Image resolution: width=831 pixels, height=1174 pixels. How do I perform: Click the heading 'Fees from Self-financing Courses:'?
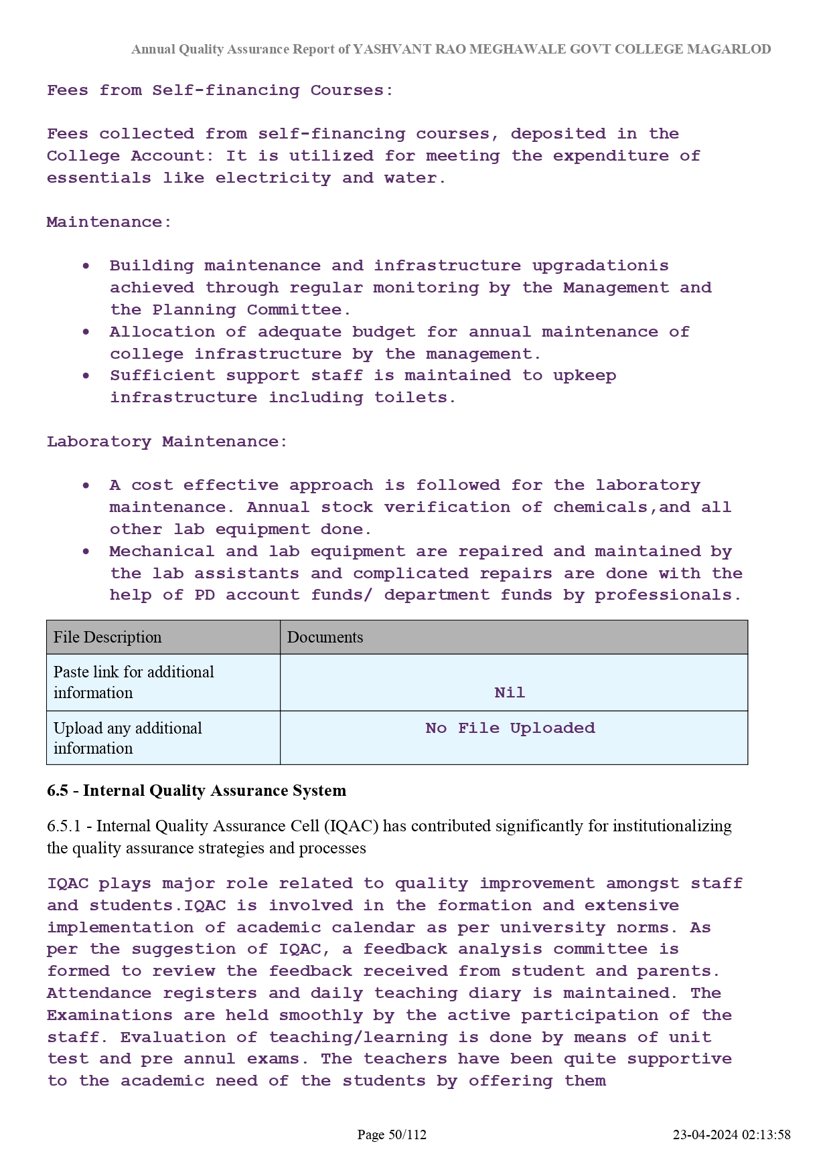pyautogui.click(x=220, y=90)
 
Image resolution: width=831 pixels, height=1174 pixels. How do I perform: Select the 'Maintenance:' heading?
pyautogui.click(x=109, y=222)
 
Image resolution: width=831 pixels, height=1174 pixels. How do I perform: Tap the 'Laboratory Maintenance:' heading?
pyautogui.click(x=167, y=442)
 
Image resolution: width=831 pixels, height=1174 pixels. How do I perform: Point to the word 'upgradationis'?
pyautogui.click(x=600, y=266)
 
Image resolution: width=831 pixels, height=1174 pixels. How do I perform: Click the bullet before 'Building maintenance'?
pyautogui.click(x=86, y=266)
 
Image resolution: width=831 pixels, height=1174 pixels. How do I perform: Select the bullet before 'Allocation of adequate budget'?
pyautogui.click(x=86, y=332)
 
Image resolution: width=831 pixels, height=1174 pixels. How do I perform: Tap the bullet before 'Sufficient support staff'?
pyautogui.click(x=86, y=375)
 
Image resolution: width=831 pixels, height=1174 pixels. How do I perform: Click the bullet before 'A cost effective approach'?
pyautogui.click(x=86, y=485)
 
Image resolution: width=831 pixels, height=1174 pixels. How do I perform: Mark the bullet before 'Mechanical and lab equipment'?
pyautogui.click(x=86, y=552)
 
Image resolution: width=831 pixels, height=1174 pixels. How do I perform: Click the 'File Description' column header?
pyautogui.click(x=108, y=637)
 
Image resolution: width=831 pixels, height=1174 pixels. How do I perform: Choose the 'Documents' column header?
pyautogui.click(x=325, y=637)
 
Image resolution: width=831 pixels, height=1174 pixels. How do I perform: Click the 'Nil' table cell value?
pyautogui.click(x=510, y=693)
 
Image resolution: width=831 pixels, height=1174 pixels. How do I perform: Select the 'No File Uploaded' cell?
pyautogui.click(x=510, y=728)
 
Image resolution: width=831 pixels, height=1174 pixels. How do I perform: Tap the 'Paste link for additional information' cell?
pyautogui.click(x=134, y=682)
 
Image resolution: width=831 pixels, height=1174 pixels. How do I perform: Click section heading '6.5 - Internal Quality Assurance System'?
pyautogui.click(x=196, y=790)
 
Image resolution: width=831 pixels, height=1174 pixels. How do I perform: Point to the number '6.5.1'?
pyautogui.click(x=64, y=826)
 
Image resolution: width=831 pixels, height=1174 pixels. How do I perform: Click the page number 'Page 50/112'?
pyautogui.click(x=392, y=1135)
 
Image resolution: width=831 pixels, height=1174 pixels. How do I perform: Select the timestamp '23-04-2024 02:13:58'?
pyautogui.click(x=731, y=1135)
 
